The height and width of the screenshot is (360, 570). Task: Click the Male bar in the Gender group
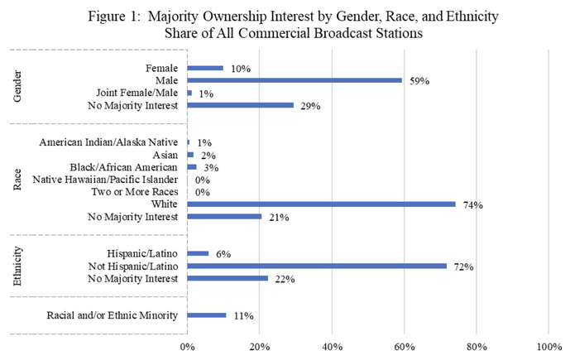point(295,80)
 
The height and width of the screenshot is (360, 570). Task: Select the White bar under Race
point(321,204)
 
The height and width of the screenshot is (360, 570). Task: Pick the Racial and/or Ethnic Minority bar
point(207,315)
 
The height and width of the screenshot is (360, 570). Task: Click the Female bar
point(205,68)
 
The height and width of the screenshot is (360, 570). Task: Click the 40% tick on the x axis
point(332,347)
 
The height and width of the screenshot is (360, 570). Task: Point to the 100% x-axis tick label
point(548,347)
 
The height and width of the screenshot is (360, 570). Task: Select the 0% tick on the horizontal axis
point(188,347)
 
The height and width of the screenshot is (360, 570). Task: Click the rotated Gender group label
point(17,86)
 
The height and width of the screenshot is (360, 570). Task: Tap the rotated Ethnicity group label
point(17,266)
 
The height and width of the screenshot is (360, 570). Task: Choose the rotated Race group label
point(17,179)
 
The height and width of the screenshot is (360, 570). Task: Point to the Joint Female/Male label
point(132,93)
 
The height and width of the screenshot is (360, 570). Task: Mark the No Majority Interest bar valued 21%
point(224,216)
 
